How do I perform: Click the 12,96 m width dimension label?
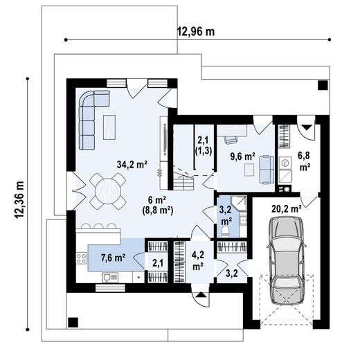(196, 31)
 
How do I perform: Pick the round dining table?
(108, 186)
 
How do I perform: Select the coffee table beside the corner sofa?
(110, 125)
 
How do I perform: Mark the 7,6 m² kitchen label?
(113, 258)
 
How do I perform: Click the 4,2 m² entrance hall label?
(197, 260)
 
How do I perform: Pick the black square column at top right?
(322, 85)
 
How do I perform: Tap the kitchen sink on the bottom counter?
(109, 278)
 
